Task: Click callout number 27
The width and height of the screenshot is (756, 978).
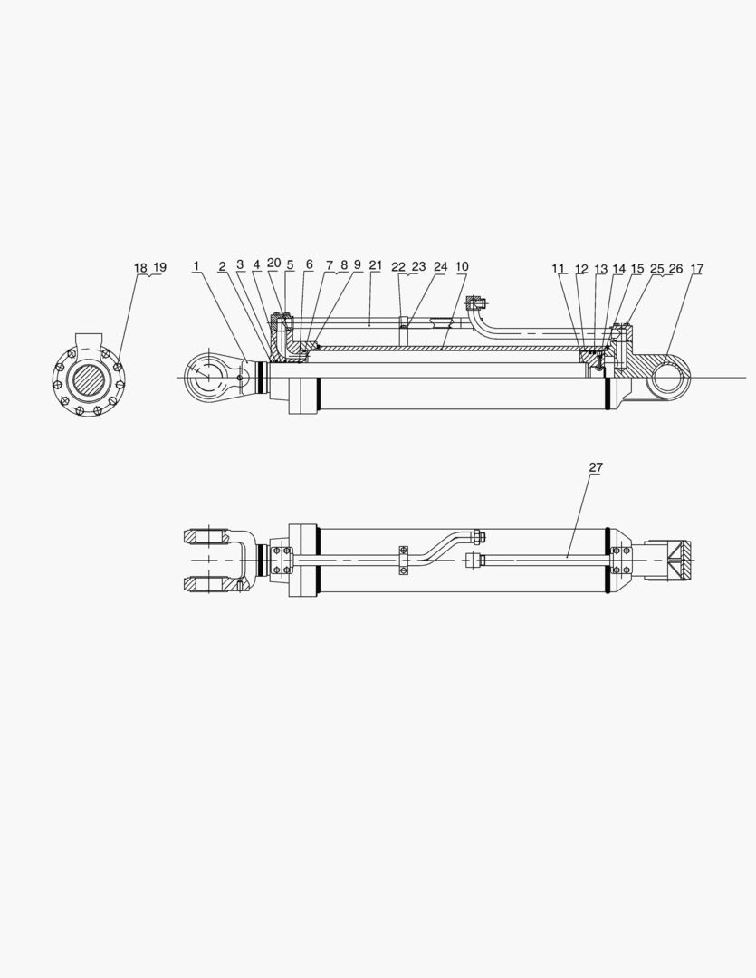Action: point(596,467)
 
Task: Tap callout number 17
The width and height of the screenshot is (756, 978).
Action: point(697,268)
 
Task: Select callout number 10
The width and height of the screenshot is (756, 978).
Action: point(462,266)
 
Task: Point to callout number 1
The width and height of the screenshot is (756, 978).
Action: point(196,266)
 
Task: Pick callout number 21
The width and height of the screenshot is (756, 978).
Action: point(375,265)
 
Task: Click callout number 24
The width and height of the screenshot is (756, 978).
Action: point(440,266)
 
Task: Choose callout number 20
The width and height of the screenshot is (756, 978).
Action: point(273,264)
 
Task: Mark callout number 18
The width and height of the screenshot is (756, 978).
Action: point(140,267)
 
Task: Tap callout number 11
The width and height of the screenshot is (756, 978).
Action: point(558,268)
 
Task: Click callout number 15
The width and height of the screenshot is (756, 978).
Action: point(636,268)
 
